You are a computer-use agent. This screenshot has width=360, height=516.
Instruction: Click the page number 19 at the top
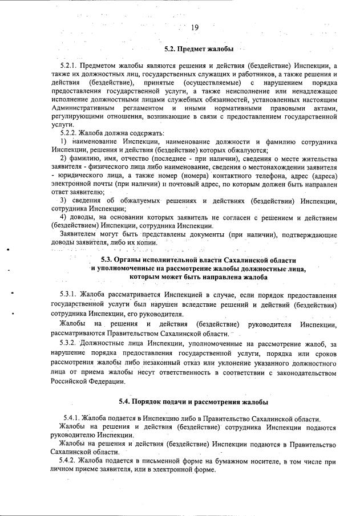point(195,27)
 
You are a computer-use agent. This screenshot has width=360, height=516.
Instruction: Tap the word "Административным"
point(82,108)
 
